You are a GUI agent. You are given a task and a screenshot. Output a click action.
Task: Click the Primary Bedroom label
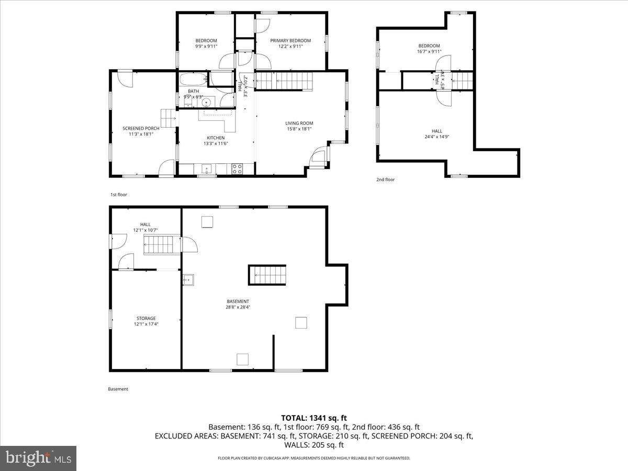tap(290, 41)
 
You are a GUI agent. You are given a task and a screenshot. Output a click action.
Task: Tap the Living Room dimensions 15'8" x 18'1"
tap(299, 129)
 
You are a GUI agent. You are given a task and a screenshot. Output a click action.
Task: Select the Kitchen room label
tap(215, 138)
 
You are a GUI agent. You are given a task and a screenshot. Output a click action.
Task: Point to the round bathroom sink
tap(207, 102)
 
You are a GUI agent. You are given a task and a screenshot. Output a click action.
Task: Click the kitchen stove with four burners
tap(237, 169)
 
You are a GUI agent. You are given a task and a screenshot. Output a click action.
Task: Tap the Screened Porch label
tap(141, 128)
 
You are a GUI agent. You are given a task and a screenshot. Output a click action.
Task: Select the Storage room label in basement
tap(146, 318)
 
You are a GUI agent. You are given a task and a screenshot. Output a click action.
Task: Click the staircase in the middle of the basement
tap(267, 274)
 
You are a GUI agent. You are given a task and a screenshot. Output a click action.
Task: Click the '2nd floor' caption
tap(385, 180)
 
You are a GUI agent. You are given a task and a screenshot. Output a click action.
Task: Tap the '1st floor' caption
tap(118, 195)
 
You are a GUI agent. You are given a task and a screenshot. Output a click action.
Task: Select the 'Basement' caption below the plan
tap(118, 389)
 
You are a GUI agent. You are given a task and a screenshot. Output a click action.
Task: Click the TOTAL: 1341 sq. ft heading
tap(314, 418)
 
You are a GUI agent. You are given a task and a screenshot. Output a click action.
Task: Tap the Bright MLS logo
tap(39, 458)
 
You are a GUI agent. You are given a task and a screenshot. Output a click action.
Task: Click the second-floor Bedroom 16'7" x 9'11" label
tap(429, 46)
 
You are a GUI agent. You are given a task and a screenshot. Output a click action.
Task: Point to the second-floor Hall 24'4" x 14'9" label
tap(436, 131)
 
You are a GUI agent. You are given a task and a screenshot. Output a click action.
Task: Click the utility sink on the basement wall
tap(188, 279)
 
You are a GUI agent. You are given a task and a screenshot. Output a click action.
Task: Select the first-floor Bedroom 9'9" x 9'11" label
tap(206, 41)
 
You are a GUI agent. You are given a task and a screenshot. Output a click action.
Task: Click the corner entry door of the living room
tap(317, 157)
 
